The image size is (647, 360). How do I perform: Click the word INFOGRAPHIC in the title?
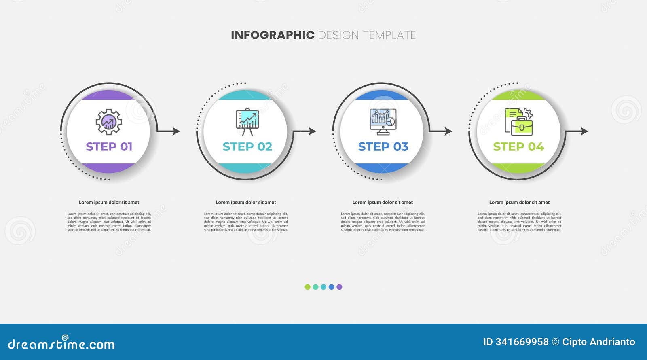(x=272, y=35)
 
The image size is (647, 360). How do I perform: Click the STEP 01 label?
(x=109, y=146)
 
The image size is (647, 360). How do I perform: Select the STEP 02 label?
(x=247, y=146)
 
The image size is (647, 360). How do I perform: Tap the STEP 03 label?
(x=383, y=146)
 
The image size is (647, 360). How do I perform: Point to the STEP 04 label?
(x=518, y=146)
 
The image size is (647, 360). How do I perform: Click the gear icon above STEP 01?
(x=108, y=122)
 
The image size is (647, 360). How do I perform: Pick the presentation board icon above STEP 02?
(x=247, y=121)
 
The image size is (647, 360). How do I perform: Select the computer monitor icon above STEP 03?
(x=383, y=121)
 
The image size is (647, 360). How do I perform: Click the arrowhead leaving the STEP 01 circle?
(x=176, y=131)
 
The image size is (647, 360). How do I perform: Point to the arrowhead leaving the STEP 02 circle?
(x=313, y=131)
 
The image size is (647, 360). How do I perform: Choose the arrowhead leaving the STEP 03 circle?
(x=448, y=131)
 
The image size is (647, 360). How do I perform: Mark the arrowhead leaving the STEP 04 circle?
(x=585, y=131)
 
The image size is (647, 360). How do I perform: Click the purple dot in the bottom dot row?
(x=339, y=287)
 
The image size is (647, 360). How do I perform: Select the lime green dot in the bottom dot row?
(x=307, y=287)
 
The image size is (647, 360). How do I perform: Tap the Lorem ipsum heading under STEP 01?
(x=109, y=202)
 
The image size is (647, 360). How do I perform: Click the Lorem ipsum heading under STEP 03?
(x=383, y=202)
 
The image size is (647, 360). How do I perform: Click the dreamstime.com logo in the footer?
(x=61, y=344)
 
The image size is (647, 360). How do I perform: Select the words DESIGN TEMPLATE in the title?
(x=367, y=35)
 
